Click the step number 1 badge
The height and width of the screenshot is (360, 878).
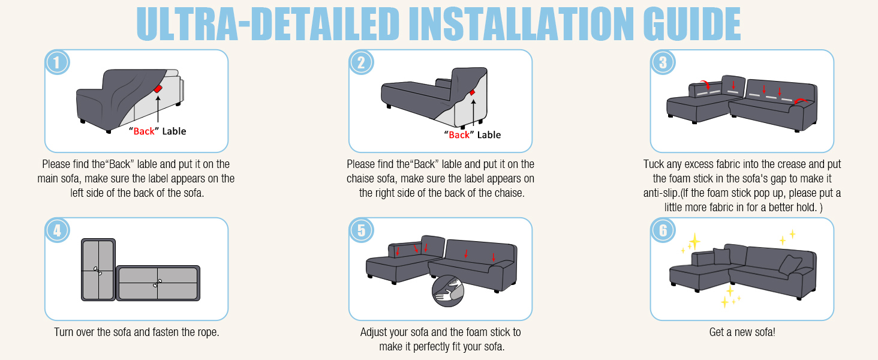[x=58, y=62]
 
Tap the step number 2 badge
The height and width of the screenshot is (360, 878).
[x=361, y=62]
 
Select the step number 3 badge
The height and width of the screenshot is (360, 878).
[x=663, y=62]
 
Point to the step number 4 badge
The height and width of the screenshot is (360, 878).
[x=58, y=230]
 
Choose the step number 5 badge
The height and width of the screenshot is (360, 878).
[x=361, y=230]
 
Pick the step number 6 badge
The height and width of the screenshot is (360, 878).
[x=663, y=230]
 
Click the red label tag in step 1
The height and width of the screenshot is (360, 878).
[x=158, y=89]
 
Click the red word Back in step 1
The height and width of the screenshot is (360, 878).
[x=144, y=131]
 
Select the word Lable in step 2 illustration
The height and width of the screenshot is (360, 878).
[x=489, y=135]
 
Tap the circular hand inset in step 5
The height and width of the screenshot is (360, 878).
[x=448, y=292]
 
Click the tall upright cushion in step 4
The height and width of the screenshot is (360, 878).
[x=98, y=269]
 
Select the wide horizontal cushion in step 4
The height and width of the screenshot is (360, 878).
[x=158, y=283]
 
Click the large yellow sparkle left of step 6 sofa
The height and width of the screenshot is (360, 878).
[x=694, y=241]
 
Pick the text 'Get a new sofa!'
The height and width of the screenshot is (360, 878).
[x=742, y=332]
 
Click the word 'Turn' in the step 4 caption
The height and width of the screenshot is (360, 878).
[x=65, y=332]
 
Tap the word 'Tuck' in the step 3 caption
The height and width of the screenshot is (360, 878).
[x=654, y=164]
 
